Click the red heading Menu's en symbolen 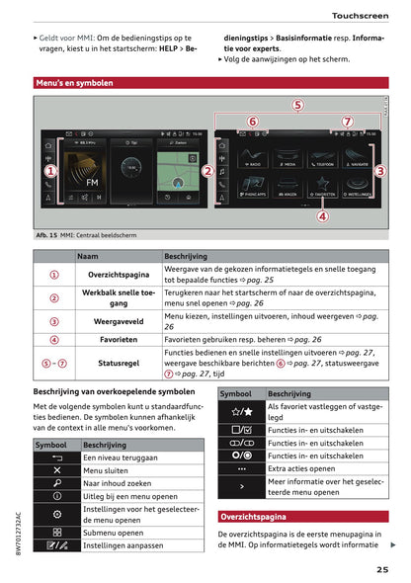click(x=74, y=84)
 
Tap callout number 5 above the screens click(x=298, y=106)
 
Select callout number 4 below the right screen click(x=323, y=215)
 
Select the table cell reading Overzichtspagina click(x=120, y=274)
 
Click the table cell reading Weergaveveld click(x=120, y=321)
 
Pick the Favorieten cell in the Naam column click(x=120, y=339)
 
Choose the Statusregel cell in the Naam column click(x=120, y=363)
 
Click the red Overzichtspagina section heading click(x=254, y=516)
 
